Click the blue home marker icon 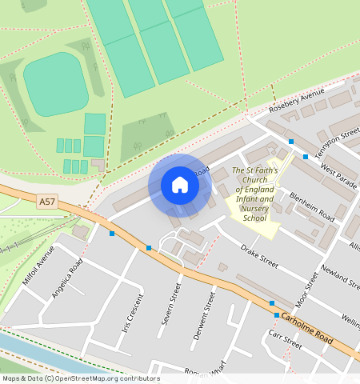pyautogui.click(x=180, y=186)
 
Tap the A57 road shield pyautogui.click(x=48, y=203)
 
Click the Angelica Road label pyautogui.click(x=67, y=278)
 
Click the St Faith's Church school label pyautogui.click(x=254, y=194)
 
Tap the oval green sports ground pyautogui.click(x=55, y=83)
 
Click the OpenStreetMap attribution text pyautogui.click(x=80, y=378)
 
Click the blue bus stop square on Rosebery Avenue pyautogui.click(x=291, y=142)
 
